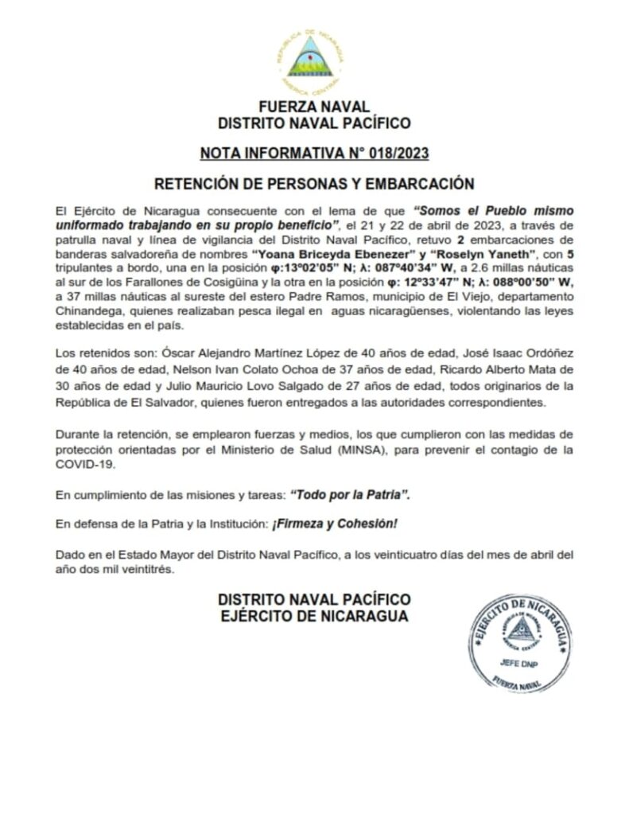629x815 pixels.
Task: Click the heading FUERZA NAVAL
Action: coord(314,107)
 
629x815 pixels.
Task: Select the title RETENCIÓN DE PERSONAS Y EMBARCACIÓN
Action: coord(314,184)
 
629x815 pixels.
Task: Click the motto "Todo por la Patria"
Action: coord(351,494)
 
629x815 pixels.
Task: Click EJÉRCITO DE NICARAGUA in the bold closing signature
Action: coord(314,616)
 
